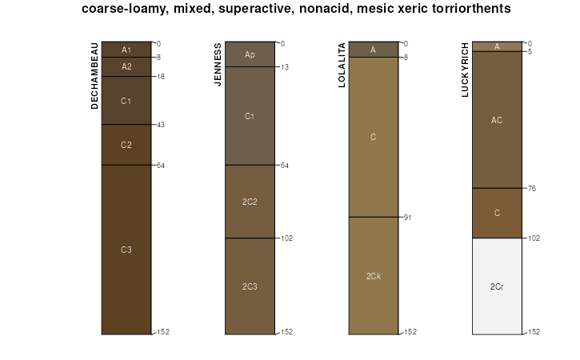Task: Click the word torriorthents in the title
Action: click(469, 9)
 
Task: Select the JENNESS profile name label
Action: click(218, 65)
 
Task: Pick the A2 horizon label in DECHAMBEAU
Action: click(126, 67)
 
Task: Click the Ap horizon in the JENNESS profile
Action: click(250, 54)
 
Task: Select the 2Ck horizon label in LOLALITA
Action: click(374, 276)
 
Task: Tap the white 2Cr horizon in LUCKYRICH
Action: click(497, 286)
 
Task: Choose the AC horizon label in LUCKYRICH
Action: click(497, 120)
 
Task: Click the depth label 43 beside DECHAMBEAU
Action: click(160, 125)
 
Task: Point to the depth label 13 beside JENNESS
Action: click(284, 67)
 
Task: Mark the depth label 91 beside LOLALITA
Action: click(407, 218)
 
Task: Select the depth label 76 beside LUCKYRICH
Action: click(530, 189)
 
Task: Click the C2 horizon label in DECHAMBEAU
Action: click(126, 145)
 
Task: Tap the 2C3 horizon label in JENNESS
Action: click(250, 286)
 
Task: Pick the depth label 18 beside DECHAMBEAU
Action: click(160, 77)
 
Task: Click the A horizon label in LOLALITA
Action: click(374, 50)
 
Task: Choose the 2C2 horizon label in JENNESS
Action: click(250, 202)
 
